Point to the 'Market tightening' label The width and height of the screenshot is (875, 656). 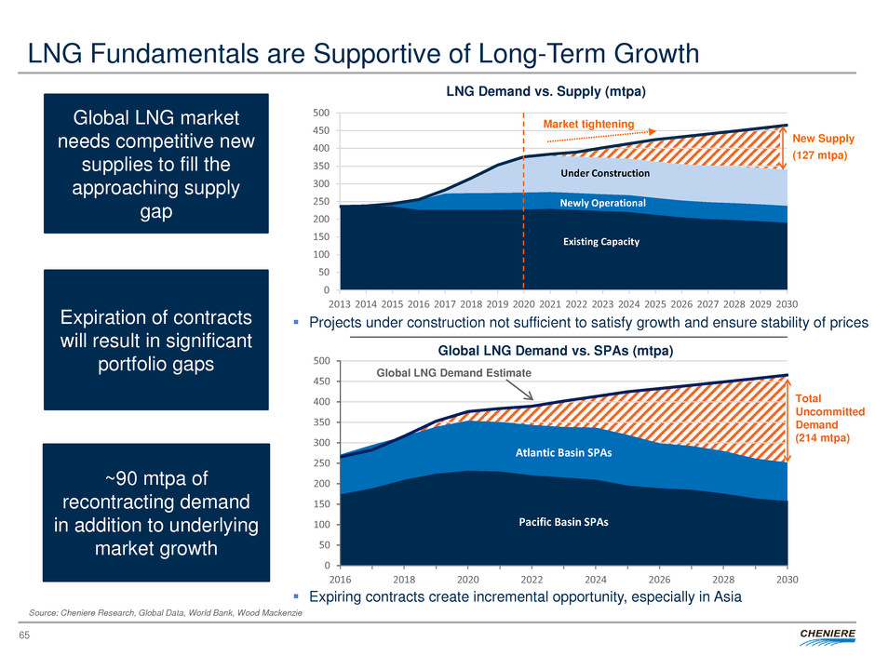[x=587, y=124]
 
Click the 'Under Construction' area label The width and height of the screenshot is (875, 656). [x=604, y=174]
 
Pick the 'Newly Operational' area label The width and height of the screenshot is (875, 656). [x=603, y=202]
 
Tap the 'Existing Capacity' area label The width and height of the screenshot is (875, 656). [x=601, y=242]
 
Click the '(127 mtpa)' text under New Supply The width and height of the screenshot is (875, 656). [x=820, y=156]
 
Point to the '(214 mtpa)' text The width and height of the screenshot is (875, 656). [x=820, y=438]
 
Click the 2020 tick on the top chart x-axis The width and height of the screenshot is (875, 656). [x=524, y=301]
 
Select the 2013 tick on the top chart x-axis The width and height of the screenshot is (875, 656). [x=341, y=301]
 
